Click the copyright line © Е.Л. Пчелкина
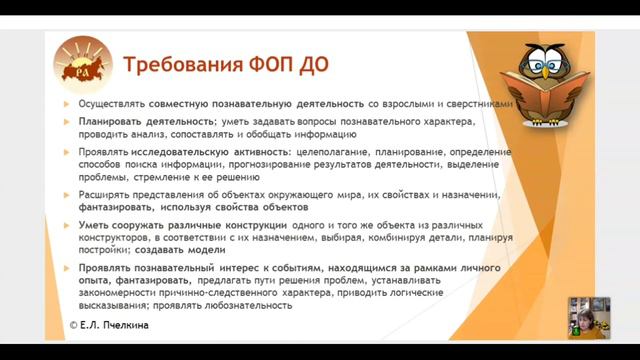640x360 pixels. [113, 325]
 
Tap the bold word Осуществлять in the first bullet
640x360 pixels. [113, 104]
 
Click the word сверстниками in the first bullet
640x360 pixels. [480, 104]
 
